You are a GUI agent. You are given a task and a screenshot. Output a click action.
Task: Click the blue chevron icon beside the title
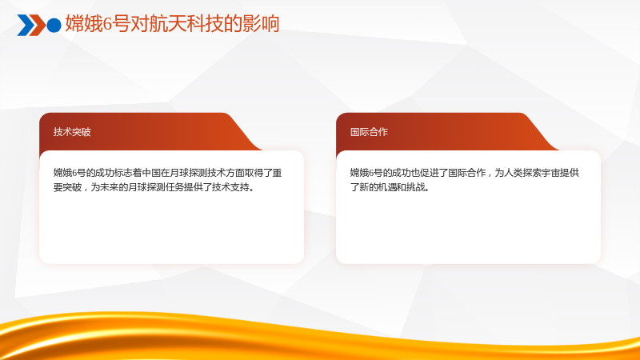tap(26, 25)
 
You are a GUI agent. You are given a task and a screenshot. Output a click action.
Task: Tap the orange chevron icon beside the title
tap(38, 25)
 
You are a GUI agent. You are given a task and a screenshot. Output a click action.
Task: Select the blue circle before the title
tap(54, 25)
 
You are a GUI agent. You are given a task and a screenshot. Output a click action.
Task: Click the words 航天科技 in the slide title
tap(185, 24)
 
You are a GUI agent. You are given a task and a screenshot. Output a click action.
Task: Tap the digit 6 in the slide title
tap(107, 24)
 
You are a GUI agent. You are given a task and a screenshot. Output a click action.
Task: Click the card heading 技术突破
tap(72, 132)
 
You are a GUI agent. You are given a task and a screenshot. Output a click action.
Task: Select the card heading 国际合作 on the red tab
tap(369, 132)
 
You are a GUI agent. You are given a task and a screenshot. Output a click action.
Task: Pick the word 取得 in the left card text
tap(254, 173)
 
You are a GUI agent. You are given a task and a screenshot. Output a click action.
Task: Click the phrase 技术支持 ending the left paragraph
tap(230, 187)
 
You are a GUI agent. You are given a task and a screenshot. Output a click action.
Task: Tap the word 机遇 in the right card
tap(387, 187)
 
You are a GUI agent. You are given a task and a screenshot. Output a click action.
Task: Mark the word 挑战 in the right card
tap(415, 187)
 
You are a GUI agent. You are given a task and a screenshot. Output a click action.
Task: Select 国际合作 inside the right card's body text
tap(467, 173)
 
